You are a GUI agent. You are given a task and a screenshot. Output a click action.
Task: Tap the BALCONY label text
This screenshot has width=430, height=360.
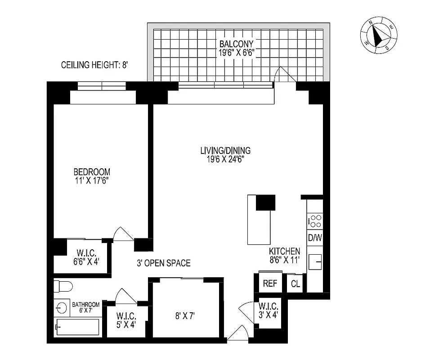point(237,48)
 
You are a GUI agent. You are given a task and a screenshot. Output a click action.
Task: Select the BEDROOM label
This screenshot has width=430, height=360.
point(92,176)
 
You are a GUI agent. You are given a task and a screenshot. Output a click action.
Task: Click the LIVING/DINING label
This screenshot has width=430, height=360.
point(225,154)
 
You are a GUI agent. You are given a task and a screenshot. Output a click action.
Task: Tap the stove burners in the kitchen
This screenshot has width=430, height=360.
point(315,221)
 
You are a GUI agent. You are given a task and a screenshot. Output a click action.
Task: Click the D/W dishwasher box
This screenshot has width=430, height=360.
point(315,238)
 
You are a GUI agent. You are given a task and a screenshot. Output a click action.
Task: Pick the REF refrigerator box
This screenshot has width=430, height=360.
point(270,284)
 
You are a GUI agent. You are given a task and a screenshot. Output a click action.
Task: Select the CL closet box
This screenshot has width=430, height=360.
point(295,284)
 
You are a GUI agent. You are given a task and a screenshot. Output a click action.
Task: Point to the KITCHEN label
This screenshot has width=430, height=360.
point(284,255)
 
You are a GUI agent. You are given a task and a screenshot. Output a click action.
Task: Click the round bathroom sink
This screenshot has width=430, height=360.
point(62,308)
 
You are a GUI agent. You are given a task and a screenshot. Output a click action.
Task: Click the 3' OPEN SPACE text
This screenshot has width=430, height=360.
point(164,263)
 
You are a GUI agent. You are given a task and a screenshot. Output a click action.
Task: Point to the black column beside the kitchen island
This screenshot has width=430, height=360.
point(265,202)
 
